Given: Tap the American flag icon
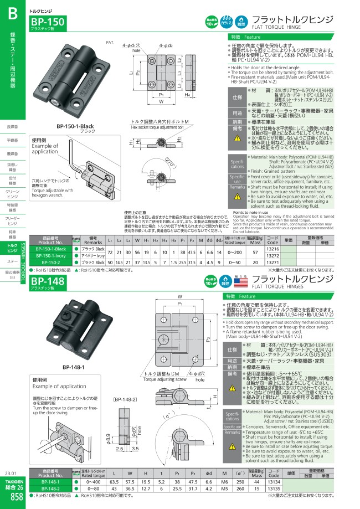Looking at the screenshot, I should coord(241,282).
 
